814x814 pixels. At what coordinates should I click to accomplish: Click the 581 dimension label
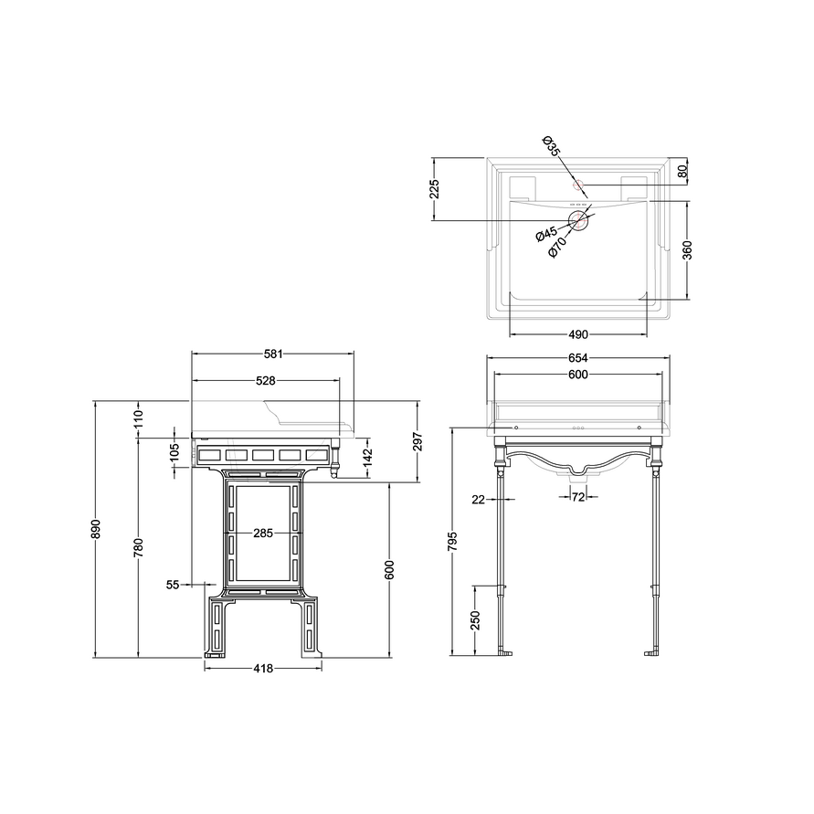point(273,354)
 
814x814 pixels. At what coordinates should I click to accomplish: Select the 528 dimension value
point(265,381)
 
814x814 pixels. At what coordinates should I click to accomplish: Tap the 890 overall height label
point(96,528)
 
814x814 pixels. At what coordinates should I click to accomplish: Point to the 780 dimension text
point(138,548)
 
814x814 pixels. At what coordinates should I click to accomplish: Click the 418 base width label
point(263,669)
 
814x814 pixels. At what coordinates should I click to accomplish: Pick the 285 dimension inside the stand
point(263,534)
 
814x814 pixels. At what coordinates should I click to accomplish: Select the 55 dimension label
point(173,585)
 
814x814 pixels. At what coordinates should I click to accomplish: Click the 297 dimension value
point(418,442)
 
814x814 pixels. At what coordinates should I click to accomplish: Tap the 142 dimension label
point(367,457)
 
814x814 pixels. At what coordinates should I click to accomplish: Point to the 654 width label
point(577,358)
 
